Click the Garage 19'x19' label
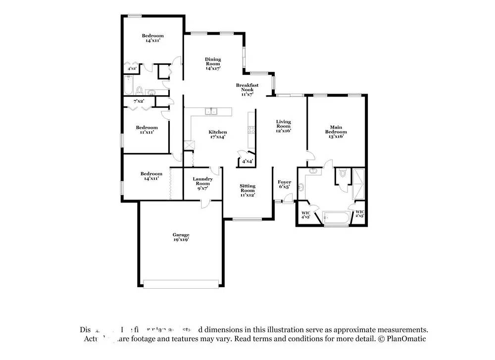pos(181,237)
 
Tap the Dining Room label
pos(213,63)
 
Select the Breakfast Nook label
pos(247,90)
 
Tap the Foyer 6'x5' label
pos(285,185)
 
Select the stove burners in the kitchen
pos(251,131)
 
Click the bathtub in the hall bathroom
pos(128,88)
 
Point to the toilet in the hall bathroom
pos(140,91)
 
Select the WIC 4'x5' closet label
pos(306,215)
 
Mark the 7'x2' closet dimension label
pos(139,101)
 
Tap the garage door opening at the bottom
pos(181,284)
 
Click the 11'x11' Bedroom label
pos(147,130)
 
